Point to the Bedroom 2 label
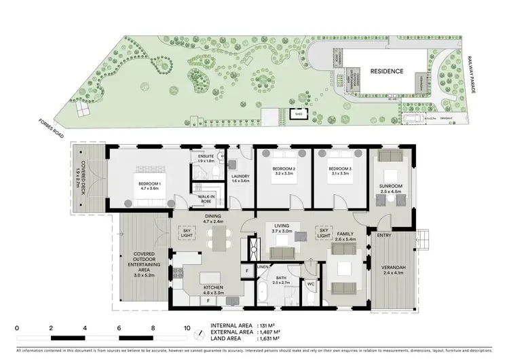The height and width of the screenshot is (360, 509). [284, 170]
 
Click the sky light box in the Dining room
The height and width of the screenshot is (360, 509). [186, 234]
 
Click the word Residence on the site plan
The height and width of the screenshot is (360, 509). [386, 71]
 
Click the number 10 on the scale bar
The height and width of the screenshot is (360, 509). [187, 328]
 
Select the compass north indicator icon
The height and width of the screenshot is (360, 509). [200, 334]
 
